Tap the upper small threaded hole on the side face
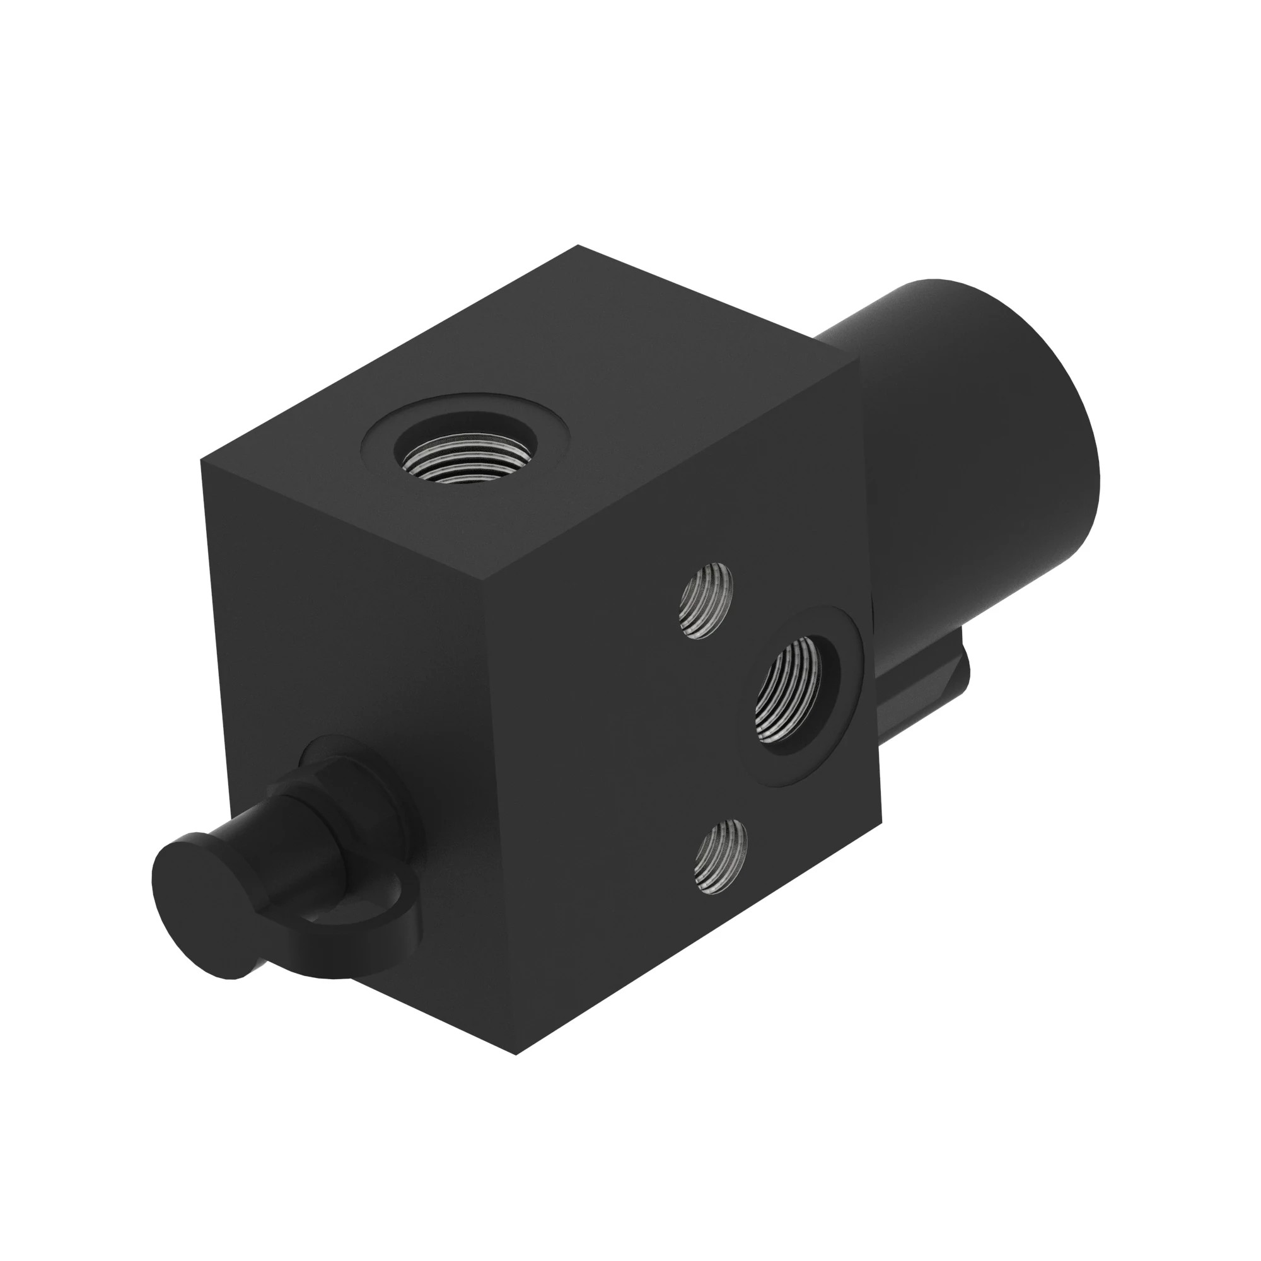706,600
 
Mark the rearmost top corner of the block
578,246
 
